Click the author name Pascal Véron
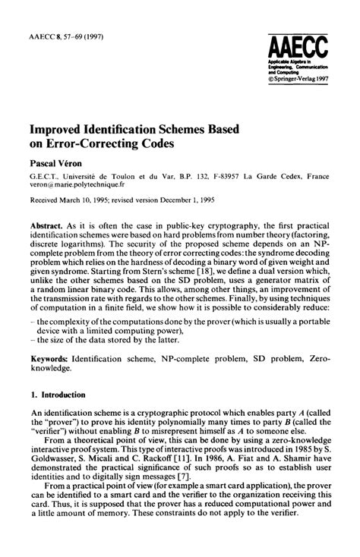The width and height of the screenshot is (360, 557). click(55, 161)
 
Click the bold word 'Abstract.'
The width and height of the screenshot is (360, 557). click(47, 228)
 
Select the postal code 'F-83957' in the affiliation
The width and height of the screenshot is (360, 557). click(229, 175)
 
